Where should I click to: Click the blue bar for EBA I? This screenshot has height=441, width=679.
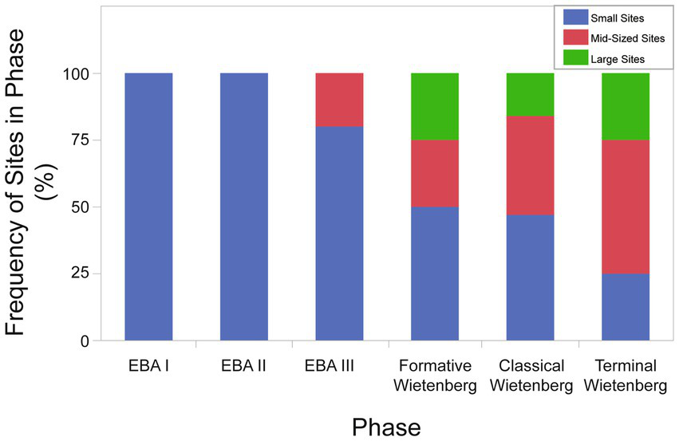pos(148,207)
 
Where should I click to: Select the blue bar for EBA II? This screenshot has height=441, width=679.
pos(244,207)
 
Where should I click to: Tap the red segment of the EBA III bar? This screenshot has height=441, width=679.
pos(339,100)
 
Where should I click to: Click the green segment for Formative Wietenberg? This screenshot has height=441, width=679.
pos(435,106)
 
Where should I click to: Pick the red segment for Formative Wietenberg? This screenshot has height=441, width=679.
pos(435,173)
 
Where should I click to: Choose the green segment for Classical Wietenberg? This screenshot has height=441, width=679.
pos(531,94)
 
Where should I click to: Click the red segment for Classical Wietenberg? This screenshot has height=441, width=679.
pos(531,165)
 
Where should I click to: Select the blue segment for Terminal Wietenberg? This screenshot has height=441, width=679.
pos(626,307)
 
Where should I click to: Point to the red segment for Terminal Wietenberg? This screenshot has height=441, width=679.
pos(626,207)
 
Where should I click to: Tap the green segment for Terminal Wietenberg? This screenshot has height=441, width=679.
pos(626,106)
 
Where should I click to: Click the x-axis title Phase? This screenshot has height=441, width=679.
pos(386,426)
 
